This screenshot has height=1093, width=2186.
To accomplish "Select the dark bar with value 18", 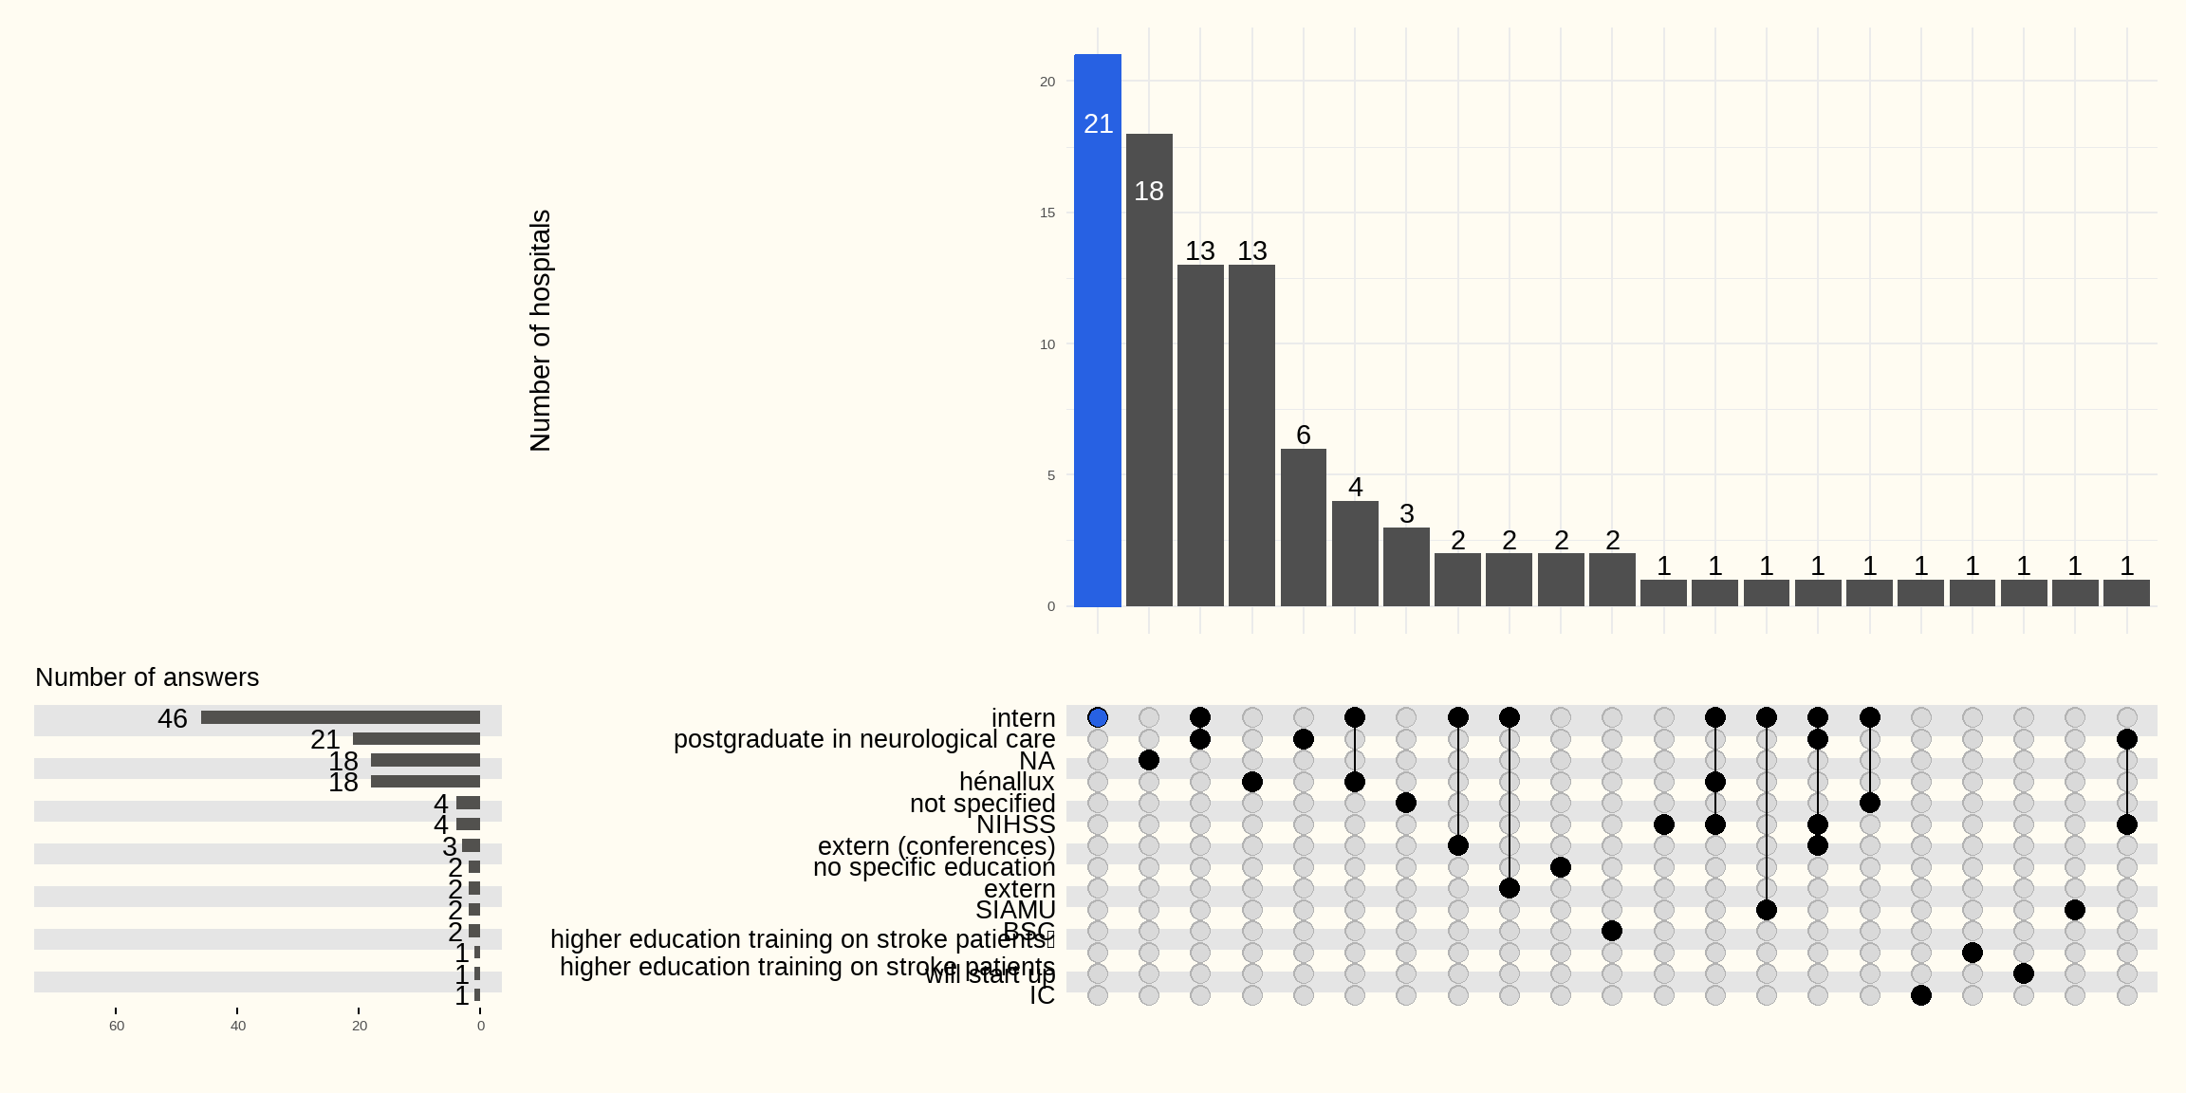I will click(x=1149, y=370).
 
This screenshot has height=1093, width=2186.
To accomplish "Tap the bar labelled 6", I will click(x=1304, y=528).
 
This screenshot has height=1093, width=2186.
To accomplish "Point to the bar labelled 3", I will click(x=1406, y=566).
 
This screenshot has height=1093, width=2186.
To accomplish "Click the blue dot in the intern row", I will click(x=1098, y=717).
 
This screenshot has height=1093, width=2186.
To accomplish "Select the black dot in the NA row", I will click(x=1149, y=760).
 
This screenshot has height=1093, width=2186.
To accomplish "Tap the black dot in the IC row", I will click(x=1921, y=995).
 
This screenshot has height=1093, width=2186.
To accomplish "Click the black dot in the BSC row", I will click(x=1612, y=931).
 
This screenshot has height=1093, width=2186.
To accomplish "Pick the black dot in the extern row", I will click(x=1510, y=888).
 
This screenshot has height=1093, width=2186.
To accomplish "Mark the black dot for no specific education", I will click(x=1561, y=867).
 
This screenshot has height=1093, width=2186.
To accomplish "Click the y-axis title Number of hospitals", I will click(x=541, y=330).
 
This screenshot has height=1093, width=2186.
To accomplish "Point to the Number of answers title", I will click(x=147, y=677).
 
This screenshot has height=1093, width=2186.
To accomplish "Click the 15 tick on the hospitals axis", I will click(x=1047, y=213).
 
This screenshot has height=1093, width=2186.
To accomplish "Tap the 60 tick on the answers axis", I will click(x=117, y=1026).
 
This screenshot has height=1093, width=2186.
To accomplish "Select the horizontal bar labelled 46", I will click(x=341, y=718).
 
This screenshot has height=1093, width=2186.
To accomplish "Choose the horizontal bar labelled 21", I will click(x=417, y=739).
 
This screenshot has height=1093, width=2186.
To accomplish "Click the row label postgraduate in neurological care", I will click(x=863, y=739).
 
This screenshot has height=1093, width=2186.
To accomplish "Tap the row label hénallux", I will click(x=1007, y=782).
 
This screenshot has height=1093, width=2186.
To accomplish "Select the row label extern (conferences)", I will click(x=936, y=845).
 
